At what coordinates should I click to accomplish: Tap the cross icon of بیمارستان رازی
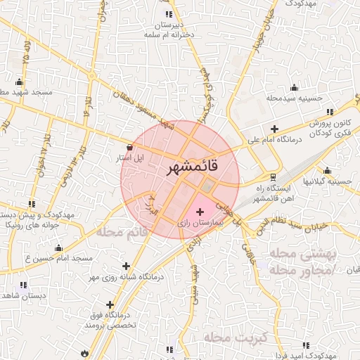pyautogui.click(x=200, y=211)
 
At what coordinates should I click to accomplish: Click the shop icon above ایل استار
pyautogui.click(x=128, y=146)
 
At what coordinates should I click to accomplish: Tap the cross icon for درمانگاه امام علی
pyautogui.click(x=274, y=129)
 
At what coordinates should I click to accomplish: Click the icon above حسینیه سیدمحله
pyautogui.click(x=294, y=87)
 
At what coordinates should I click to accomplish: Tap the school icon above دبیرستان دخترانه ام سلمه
pyautogui.click(x=169, y=14)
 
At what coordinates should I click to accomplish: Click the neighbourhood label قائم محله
pyautogui.click(x=123, y=231)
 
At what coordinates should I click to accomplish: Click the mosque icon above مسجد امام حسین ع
pyautogui.click(x=58, y=247)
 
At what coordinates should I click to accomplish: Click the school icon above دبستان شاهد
pyautogui.click(x=23, y=285)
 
